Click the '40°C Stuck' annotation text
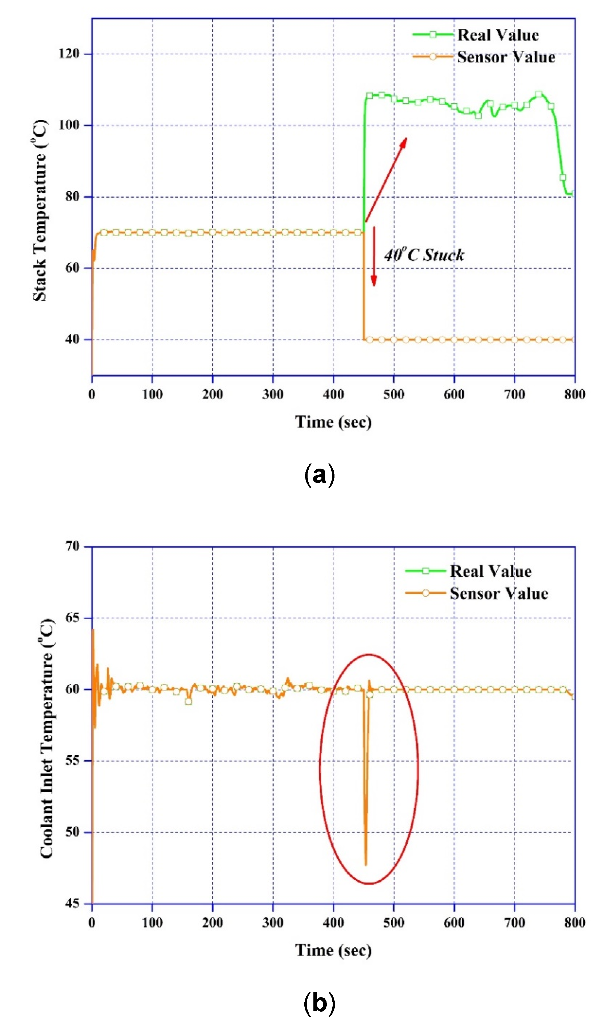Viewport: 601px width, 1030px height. [424, 255]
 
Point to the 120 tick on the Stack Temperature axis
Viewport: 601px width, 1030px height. [70, 54]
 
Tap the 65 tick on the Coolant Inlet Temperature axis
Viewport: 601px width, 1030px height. [72, 618]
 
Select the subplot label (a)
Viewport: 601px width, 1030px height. [320, 475]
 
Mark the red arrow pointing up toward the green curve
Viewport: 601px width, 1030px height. [386, 180]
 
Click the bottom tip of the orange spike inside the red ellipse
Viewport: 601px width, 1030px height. [366, 864]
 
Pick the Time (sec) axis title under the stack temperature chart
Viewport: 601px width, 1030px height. [333, 422]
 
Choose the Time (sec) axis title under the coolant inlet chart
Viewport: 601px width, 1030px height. [333, 950]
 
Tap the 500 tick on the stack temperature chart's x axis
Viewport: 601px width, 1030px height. [393, 394]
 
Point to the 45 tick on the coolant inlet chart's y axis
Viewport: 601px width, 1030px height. [72, 903]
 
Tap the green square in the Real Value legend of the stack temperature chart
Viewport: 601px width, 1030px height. [433, 35]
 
